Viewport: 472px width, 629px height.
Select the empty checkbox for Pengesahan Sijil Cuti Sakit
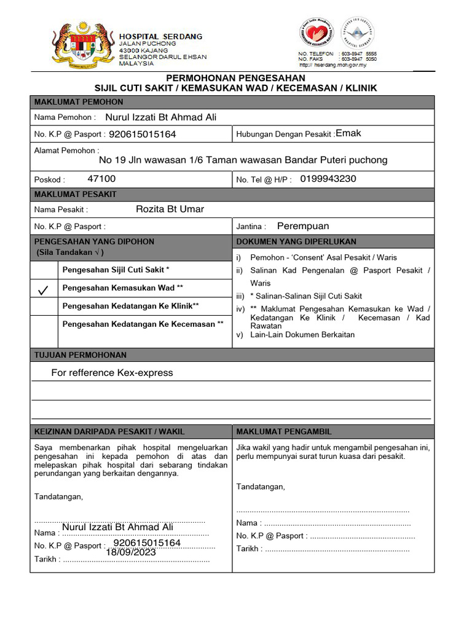pyautogui.click(x=45, y=270)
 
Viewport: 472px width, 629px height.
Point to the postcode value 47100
pyautogui.click(x=101, y=179)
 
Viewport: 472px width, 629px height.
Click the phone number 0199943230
pyautogui.click(x=328, y=179)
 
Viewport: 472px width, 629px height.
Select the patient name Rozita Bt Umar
pyautogui.click(x=170, y=209)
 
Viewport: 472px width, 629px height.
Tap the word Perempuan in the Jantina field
pyautogui.click(x=303, y=226)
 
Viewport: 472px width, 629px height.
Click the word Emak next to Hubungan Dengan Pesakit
pyautogui.click(x=348, y=133)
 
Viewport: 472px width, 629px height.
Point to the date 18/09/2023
pyautogui.click(x=131, y=552)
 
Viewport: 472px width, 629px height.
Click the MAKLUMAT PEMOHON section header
pyautogui.click(x=79, y=102)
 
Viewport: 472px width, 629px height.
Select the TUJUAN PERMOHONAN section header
pyautogui.click(x=81, y=355)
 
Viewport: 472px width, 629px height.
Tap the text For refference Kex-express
pyautogui.click(x=112, y=373)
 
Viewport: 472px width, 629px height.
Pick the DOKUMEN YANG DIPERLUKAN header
pyautogui.click(x=296, y=242)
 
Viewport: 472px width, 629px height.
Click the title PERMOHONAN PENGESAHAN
pyautogui.click(x=236, y=78)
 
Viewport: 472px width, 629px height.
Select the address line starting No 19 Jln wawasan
pyautogui.click(x=243, y=160)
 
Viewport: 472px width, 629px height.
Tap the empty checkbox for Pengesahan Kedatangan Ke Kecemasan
pyautogui.click(x=45, y=332)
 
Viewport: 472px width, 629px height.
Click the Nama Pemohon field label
pyautogui.click(x=65, y=117)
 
